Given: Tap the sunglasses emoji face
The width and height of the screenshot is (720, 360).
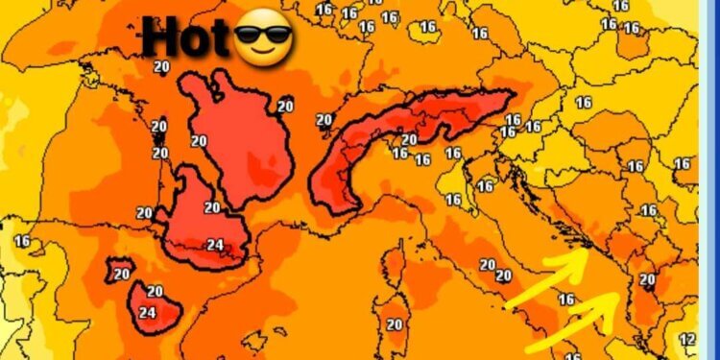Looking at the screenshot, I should point(263,41).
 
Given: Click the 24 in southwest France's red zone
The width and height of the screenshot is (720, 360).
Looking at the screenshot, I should point(215,245).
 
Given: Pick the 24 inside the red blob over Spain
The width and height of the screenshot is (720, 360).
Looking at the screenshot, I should point(147,312).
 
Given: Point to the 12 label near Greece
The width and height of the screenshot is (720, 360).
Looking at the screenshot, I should point(687,339).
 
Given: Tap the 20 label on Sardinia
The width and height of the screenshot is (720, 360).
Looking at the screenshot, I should point(394,324).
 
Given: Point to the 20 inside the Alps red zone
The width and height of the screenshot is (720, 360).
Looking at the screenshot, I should point(409,140).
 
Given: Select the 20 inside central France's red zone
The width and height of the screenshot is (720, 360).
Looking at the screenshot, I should point(199,141).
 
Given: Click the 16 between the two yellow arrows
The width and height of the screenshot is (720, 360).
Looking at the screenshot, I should point(566,300).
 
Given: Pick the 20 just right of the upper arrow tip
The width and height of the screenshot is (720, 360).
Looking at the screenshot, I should point(647,280).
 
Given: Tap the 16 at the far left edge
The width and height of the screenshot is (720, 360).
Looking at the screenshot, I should point(21,241).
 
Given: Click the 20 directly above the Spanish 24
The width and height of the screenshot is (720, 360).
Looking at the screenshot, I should point(155,292).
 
